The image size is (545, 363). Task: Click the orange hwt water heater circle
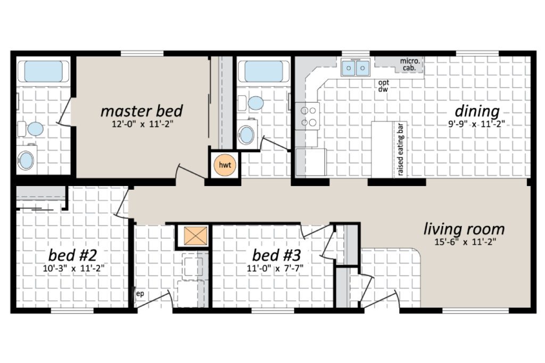(x=225, y=165)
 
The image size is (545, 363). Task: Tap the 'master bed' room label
(x=142, y=111)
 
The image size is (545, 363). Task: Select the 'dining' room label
(x=477, y=112)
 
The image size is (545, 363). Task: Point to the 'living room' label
(x=464, y=229)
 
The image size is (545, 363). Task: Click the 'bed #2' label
(x=72, y=255)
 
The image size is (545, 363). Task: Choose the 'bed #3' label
(x=276, y=255)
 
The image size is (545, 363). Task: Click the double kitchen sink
(x=355, y=67)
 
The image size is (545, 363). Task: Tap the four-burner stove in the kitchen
(x=308, y=116)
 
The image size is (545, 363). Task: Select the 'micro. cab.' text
(x=409, y=64)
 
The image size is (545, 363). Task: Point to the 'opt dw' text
(x=383, y=86)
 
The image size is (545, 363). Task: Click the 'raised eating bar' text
(x=401, y=149)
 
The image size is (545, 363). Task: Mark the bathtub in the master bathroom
(x=44, y=71)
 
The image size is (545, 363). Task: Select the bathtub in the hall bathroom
(x=263, y=71)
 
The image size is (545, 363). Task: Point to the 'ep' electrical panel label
(x=140, y=294)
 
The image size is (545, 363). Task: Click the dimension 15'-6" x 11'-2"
(x=465, y=242)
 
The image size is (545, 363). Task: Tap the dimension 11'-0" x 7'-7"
(x=275, y=268)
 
